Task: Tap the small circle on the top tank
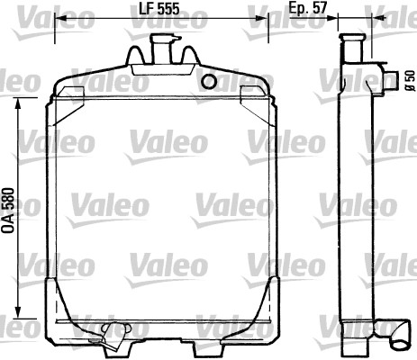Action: point(210,83)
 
